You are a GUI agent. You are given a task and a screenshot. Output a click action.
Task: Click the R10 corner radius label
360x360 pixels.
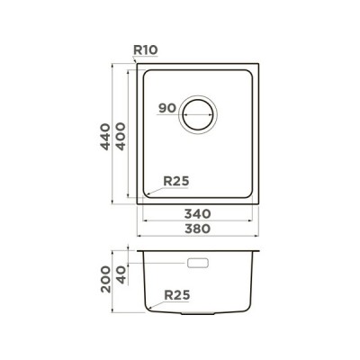pos(146,49)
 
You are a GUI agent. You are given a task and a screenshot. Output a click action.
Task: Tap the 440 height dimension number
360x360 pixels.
pos(105,137)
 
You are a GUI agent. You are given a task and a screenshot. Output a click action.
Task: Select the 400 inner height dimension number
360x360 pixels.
pos(121,136)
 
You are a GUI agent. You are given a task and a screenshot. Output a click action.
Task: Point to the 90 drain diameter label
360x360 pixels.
pos(167,108)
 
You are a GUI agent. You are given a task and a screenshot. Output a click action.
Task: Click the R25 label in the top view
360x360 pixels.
pos(176,181)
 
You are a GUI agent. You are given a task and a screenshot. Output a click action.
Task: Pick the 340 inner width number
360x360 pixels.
pos(197,214)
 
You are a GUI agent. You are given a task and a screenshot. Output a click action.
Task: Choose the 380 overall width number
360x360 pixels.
pos(197,229)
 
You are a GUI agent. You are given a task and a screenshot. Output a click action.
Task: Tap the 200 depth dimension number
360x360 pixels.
pos(105,279)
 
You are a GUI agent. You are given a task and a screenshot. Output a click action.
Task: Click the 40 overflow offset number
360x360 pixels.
pos(121,275)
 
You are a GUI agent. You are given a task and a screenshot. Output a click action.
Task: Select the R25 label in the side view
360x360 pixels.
pos(177,295)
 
